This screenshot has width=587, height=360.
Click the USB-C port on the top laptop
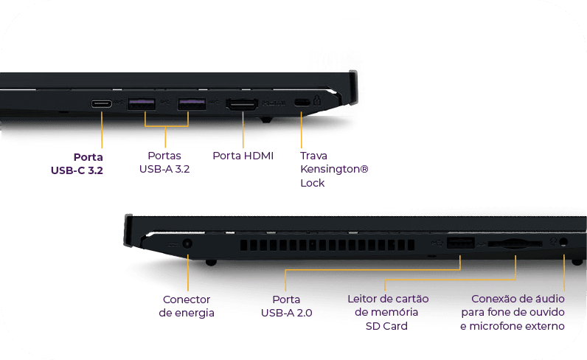pos(102,103)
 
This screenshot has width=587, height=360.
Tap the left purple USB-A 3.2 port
pos(141,103)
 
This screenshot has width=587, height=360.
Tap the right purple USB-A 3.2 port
pos(192,103)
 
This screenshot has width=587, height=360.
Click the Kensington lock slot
pos(302,102)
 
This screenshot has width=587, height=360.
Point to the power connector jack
pos(187,243)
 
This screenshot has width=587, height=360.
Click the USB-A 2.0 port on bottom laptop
pos(460,243)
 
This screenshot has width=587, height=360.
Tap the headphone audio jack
pos(564,242)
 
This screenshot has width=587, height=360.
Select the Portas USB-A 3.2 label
pos(164,162)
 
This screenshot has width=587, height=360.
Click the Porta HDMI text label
pos(243,156)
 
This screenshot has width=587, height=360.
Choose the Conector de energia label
pos(187,306)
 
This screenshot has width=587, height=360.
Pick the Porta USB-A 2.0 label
pos(286,306)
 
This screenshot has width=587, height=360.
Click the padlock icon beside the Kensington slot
pos(317,100)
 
